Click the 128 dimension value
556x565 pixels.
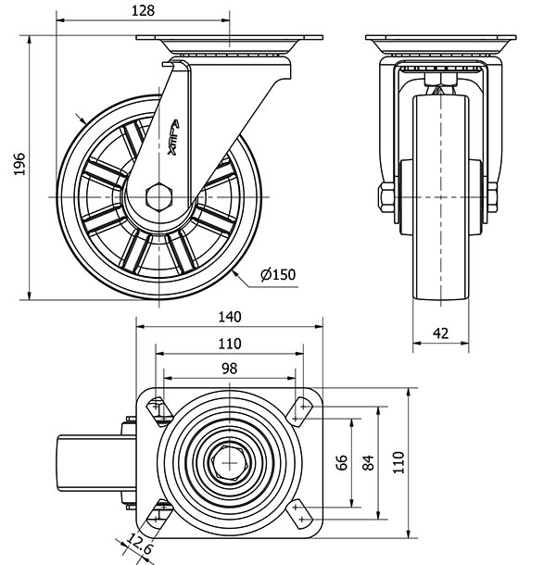[142, 10]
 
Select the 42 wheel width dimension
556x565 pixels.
[443, 333]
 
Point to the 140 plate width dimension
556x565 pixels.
[229, 316]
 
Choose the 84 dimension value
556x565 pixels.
[369, 461]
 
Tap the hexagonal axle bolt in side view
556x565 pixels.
[158, 197]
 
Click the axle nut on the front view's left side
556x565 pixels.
[385, 197]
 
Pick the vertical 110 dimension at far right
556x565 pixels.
[398, 461]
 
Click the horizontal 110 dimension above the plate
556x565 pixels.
[229, 343]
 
